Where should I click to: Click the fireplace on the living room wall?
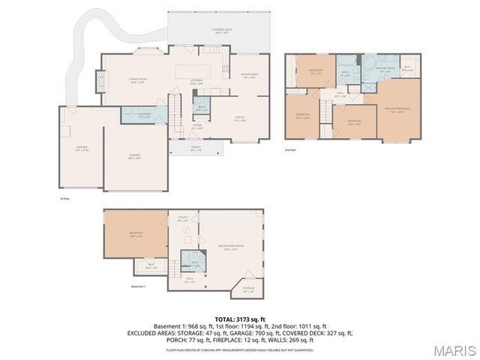tap(94, 80)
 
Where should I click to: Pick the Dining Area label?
tap(249, 76)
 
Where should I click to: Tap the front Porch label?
tap(196, 148)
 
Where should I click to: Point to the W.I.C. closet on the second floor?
tap(407, 67)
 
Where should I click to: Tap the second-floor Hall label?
tap(340, 94)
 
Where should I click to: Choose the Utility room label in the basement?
tap(182, 220)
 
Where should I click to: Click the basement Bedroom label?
tap(136, 233)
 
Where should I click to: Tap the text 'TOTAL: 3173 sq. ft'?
tap(239, 319)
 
